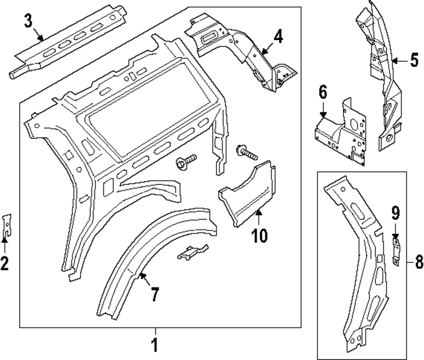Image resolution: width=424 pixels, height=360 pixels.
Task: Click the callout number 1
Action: [155, 345]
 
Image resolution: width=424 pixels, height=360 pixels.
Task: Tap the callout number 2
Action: [5, 263]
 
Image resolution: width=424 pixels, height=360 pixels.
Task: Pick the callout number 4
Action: [278, 36]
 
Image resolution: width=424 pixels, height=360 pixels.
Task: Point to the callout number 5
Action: [415, 60]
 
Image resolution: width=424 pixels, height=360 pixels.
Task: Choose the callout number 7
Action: [155, 294]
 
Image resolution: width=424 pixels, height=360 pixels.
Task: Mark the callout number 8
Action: [419, 262]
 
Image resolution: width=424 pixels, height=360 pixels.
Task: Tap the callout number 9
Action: [395, 213]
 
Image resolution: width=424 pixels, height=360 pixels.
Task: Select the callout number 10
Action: [259, 235]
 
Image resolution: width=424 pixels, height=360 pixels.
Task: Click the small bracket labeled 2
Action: [7, 225]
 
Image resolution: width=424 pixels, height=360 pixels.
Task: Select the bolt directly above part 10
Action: [247, 153]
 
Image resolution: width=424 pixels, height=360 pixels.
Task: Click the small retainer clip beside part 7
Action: [192, 252]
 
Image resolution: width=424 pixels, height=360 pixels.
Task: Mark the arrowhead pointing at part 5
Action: [394, 61]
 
